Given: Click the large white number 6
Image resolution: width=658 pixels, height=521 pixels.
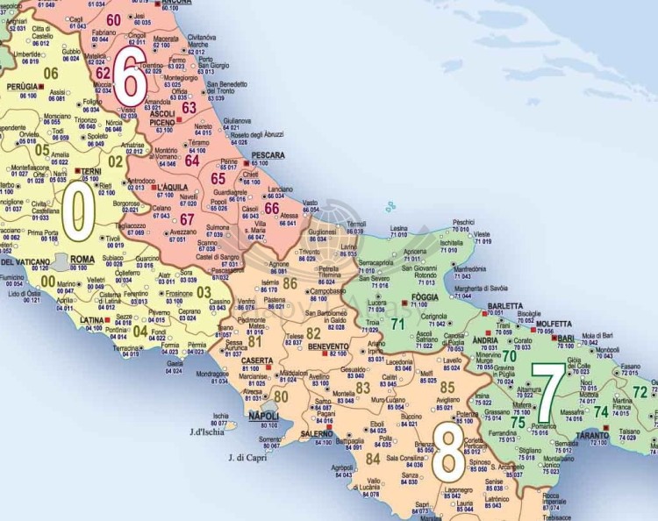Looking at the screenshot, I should tap(129, 78).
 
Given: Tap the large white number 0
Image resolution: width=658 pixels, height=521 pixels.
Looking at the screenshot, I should tap(77, 212).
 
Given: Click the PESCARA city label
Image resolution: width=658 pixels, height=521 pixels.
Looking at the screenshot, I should tap(266, 154).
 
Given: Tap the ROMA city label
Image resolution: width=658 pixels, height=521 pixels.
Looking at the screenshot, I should tap(82, 260).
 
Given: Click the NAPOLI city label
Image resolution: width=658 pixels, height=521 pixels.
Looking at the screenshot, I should tap(264, 416).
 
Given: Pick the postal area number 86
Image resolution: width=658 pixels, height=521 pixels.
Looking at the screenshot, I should tap(290, 282).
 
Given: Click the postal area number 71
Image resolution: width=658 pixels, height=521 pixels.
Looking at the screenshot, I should tap(397, 324).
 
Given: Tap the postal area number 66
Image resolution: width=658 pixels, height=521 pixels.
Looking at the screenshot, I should tap(271, 208).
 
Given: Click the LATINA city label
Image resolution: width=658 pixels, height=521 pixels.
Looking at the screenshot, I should tap(92, 320).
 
